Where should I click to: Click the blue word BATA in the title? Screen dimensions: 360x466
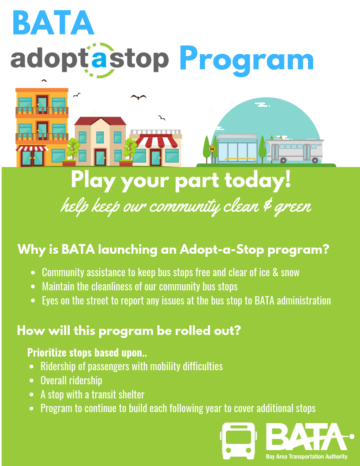tap(53, 23)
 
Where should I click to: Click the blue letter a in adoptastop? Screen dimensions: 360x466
tap(99, 59)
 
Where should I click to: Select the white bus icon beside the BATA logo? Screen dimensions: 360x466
tap(238, 440)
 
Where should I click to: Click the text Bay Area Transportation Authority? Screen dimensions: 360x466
tap(307, 456)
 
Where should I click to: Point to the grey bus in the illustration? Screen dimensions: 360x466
tap(294, 150)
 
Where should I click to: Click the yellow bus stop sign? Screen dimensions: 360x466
tap(212, 149)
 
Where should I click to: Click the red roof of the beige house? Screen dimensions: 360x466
tap(100, 121)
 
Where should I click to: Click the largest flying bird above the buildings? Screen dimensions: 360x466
tap(139, 97)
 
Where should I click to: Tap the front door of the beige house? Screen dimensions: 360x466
tap(100, 157)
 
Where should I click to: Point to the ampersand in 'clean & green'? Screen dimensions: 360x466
tap(267, 205)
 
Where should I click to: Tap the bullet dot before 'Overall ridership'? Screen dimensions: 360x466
tap(31, 381)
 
